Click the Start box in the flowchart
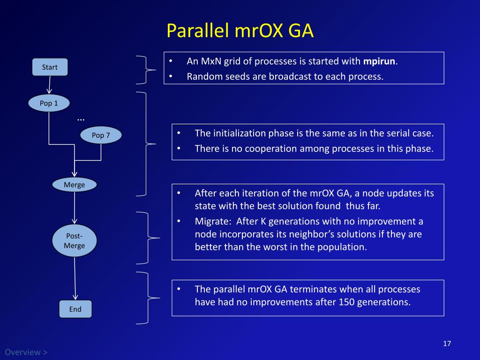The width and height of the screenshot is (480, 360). click(x=50, y=67)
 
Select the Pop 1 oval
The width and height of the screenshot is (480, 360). click(x=49, y=103)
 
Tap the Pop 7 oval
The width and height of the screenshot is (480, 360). click(x=101, y=135)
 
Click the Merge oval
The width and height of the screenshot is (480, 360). click(x=74, y=185)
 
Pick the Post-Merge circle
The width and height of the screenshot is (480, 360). click(x=74, y=241)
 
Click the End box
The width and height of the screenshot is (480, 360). click(x=75, y=309)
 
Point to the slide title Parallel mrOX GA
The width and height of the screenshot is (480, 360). click(x=240, y=31)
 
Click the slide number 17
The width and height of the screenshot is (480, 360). click(x=446, y=344)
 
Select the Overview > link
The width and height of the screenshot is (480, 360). click(x=26, y=352)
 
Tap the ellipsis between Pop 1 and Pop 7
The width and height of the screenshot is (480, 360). click(x=81, y=119)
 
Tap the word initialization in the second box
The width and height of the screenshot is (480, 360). click(x=239, y=133)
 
